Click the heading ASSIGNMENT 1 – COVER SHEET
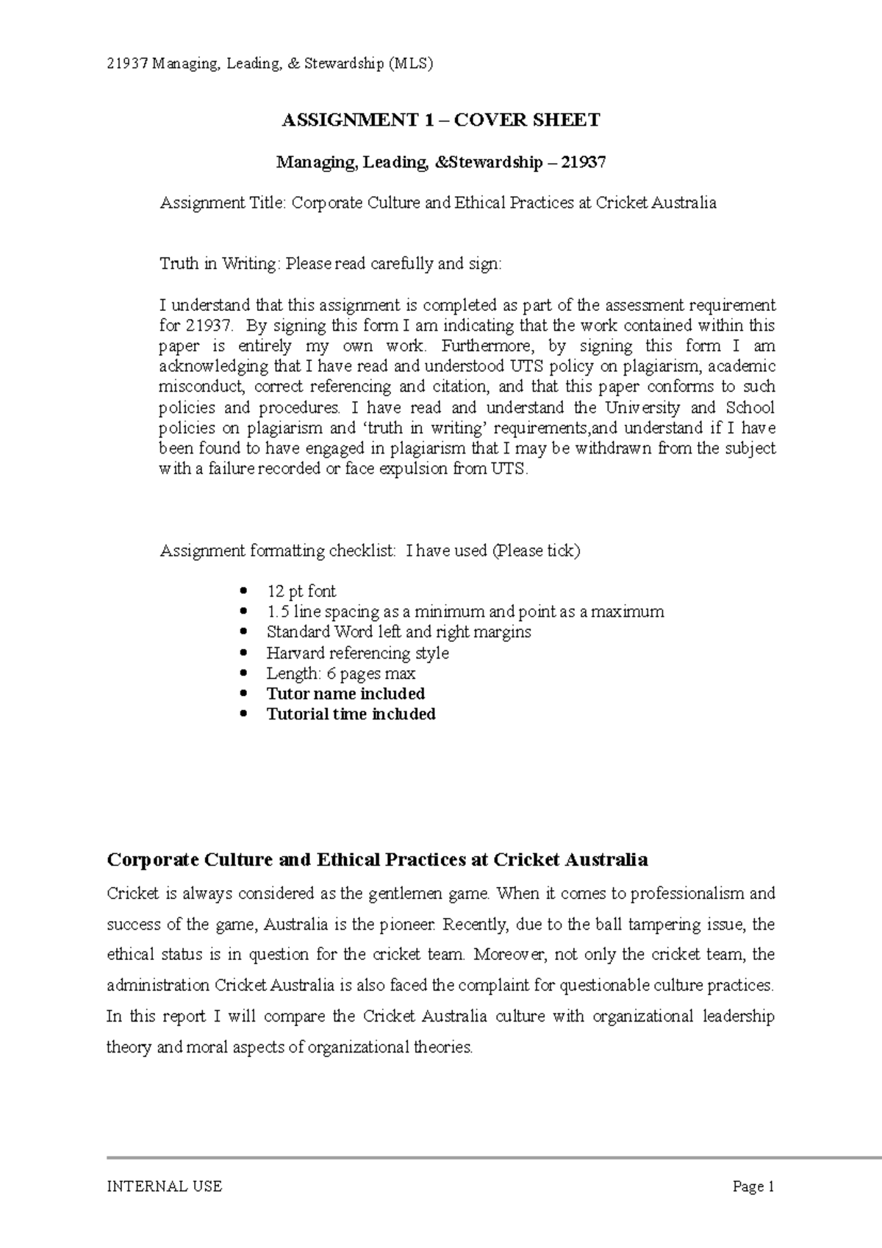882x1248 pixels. click(x=441, y=121)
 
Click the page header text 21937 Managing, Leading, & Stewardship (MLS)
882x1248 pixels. click(x=270, y=64)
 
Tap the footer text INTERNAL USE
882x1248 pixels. click(x=164, y=1186)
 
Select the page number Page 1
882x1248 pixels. click(x=753, y=1186)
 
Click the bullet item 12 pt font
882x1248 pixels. click(x=301, y=591)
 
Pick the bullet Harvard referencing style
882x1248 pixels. click(x=357, y=653)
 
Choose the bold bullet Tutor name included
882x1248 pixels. click(x=345, y=694)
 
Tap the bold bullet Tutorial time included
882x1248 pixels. click(x=351, y=714)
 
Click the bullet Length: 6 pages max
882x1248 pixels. click(x=340, y=673)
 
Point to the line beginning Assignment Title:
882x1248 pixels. click(x=438, y=203)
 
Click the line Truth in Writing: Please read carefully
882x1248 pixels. click(x=331, y=264)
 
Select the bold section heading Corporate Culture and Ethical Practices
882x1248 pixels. click(x=377, y=860)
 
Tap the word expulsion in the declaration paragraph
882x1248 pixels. click(x=414, y=469)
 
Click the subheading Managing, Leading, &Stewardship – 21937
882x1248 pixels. click(x=441, y=162)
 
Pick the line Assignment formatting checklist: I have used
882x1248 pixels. click(x=370, y=551)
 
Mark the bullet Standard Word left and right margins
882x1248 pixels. click(x=398, y=632)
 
